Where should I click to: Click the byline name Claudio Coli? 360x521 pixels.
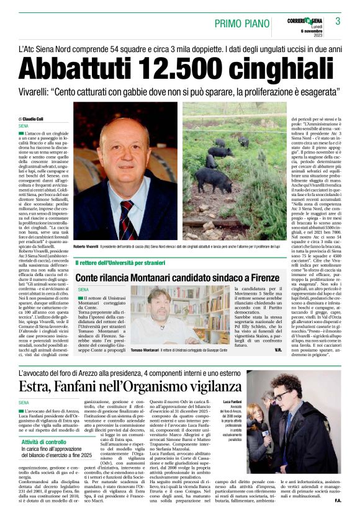33,118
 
